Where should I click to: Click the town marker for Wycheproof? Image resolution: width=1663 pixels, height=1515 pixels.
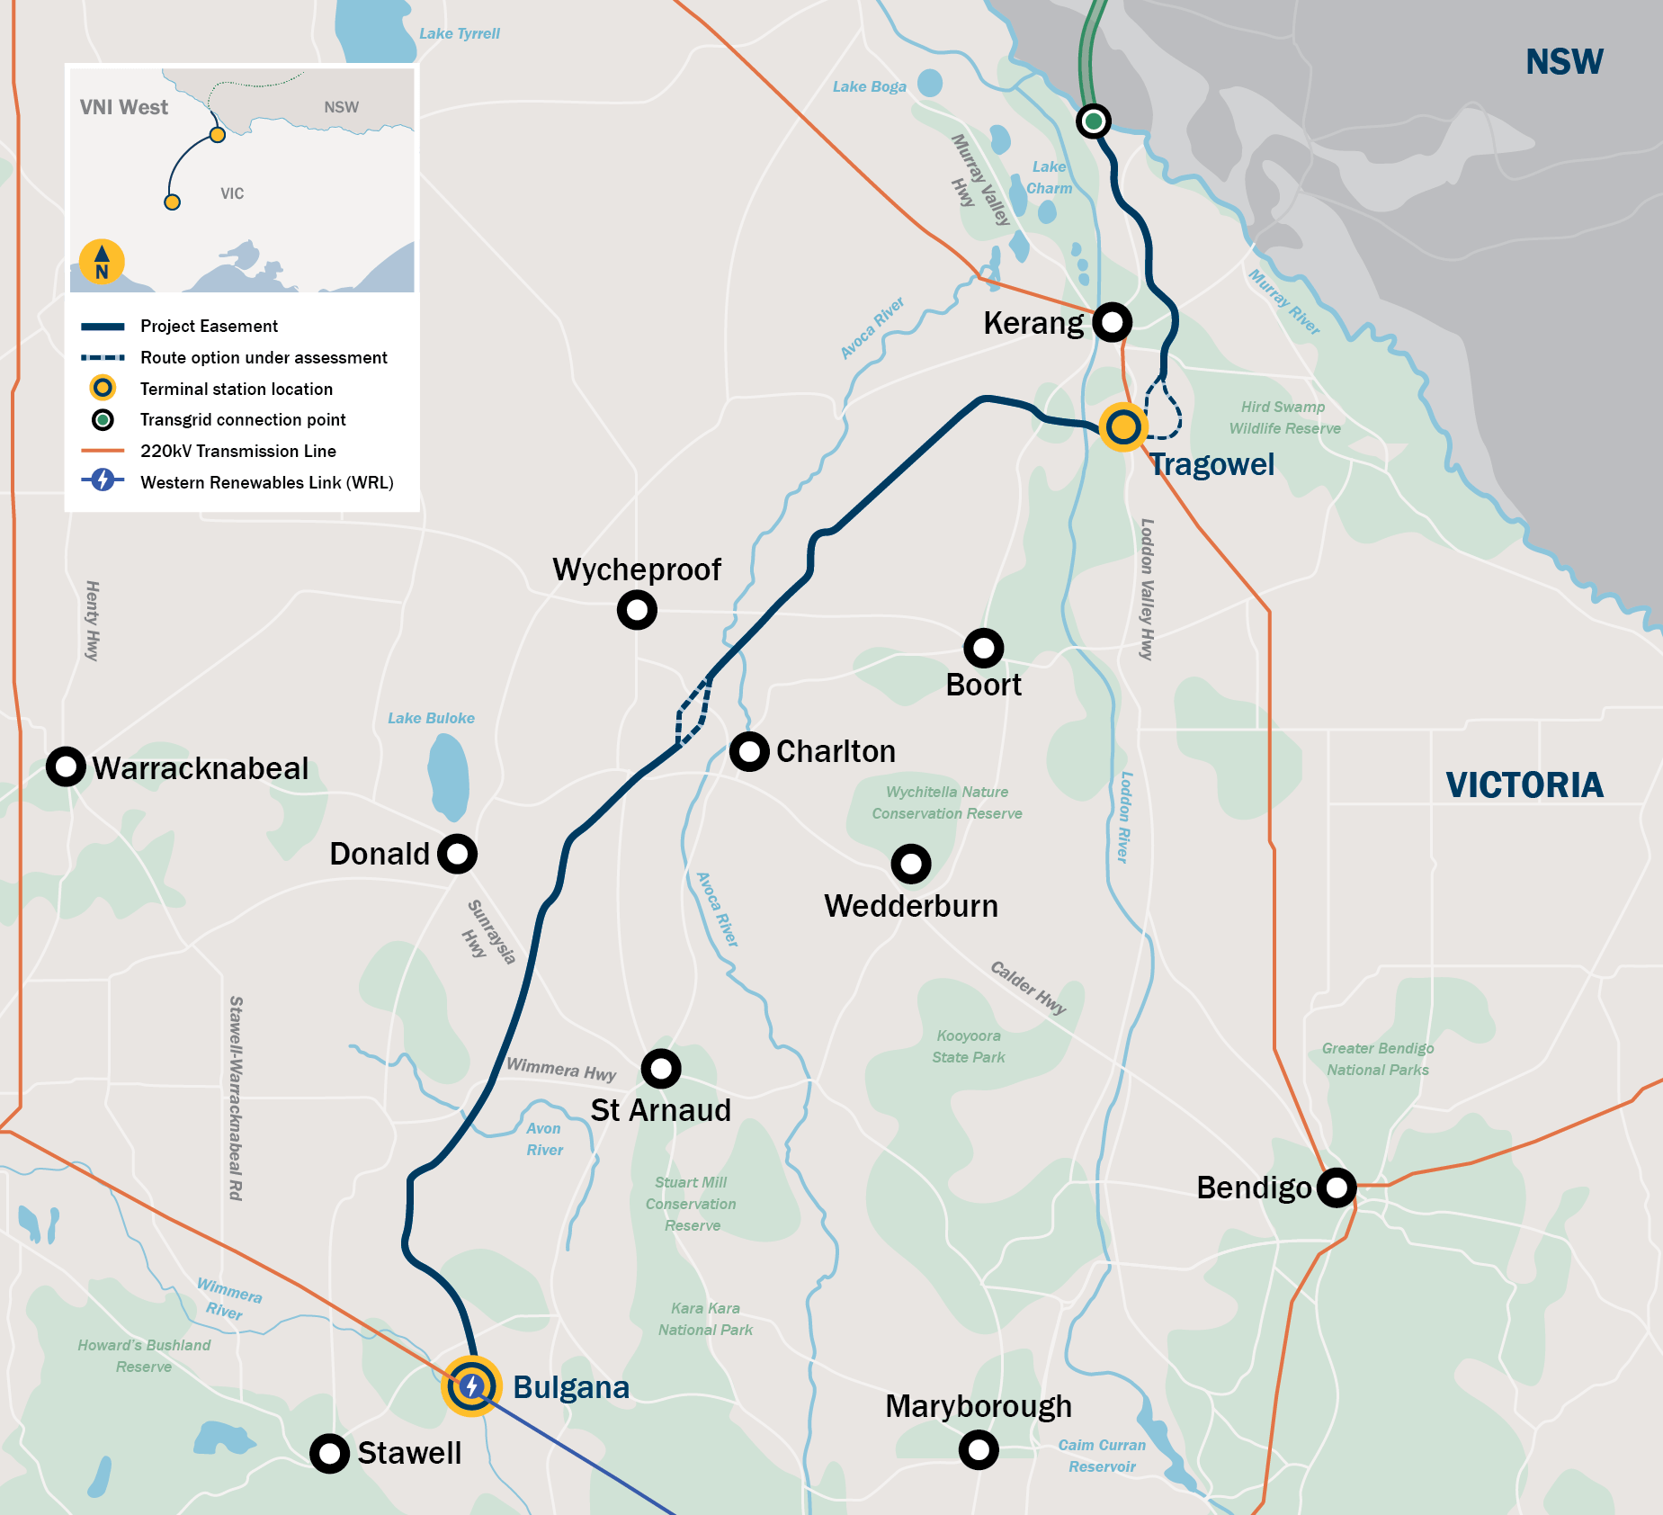(637, 610)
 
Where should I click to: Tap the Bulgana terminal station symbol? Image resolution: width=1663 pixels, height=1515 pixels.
(471, 1386)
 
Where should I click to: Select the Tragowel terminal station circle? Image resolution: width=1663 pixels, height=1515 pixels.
(1122, 426)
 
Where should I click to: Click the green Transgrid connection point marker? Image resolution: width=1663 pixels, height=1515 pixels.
(1094, 121)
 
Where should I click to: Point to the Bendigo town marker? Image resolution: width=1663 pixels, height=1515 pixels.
(1337, 1188)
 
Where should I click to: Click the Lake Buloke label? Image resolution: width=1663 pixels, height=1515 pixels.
(431, 718)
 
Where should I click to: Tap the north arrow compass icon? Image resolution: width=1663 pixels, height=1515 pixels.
(102, 262)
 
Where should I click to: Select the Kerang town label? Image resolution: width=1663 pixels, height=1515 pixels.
(1033, 323)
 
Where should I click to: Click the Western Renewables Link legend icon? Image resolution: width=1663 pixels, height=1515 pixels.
(103, 480)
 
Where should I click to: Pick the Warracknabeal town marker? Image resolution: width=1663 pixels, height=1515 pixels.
(66, 766)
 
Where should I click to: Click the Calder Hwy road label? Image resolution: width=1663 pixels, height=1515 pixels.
(1028, 987)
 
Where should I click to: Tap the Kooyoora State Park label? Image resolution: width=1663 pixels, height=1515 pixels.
(969, 1046)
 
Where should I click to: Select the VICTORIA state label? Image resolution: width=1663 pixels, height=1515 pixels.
(1524, 785)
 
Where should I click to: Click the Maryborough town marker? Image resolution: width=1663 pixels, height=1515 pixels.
(979, 1449)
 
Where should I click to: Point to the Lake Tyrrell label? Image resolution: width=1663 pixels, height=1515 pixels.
(459, 33)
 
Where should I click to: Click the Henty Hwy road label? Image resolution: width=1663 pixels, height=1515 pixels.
(92, 621)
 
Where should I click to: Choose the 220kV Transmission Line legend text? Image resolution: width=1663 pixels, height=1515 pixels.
(238, 451)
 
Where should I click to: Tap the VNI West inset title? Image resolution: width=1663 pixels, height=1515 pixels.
(124, 107)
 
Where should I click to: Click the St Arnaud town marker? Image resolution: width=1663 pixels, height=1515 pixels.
(661, 1069)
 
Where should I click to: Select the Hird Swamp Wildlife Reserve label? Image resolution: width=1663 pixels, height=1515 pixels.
(1284, 417)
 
